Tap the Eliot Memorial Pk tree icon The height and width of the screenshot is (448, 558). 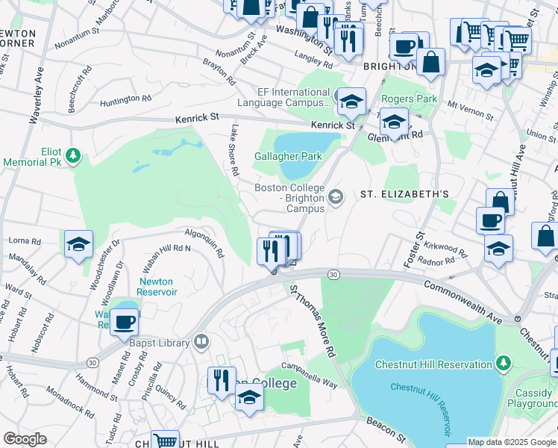(x=72, y=155)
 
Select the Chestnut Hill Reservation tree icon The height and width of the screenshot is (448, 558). (x=504, y=364)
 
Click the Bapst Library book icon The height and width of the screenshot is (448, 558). (x=201, y=342)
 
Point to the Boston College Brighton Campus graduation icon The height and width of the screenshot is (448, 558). (x=335, y=197)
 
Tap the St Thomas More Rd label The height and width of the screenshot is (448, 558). (x=312, y=319)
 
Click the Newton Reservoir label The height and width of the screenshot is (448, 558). (x=157, y=292)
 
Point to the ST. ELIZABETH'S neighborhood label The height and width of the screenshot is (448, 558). (x=404, y=194)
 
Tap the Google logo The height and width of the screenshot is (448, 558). (x=25, y=439)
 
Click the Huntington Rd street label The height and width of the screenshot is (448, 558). (x=125, y=99)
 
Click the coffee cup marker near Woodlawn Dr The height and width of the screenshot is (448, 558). (x=125, y=322)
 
